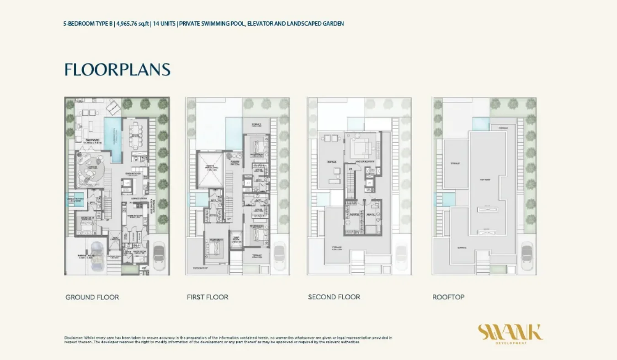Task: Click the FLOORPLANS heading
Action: [117, 69]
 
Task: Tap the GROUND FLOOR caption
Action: [92, 297]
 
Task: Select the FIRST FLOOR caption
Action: [207, 297]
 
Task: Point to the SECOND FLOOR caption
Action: [334, 297]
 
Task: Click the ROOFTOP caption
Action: [448, 297]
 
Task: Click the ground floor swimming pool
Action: [113, 139]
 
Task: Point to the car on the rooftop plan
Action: [527, 256]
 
